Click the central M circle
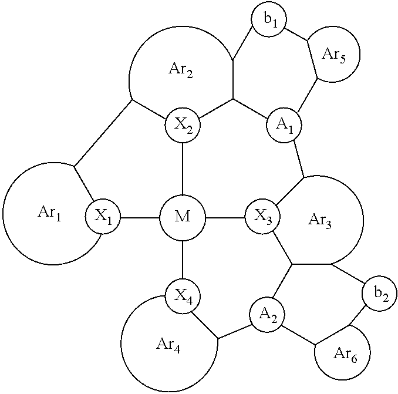point(183,218)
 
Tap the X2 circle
point(183,125)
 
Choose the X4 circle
point(183,296)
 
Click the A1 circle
point(284,125)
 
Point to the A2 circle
point(267,315)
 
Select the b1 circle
point(269,19)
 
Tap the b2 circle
point(379,293)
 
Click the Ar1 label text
point(49,213)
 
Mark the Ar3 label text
point(319,220)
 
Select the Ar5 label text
point(334,55)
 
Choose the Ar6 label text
point(345,354)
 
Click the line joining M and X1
point(140,218)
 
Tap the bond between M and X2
point(183,169)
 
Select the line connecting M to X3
point(225,218)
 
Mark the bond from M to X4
point(183,260)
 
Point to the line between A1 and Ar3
point(299,159)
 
